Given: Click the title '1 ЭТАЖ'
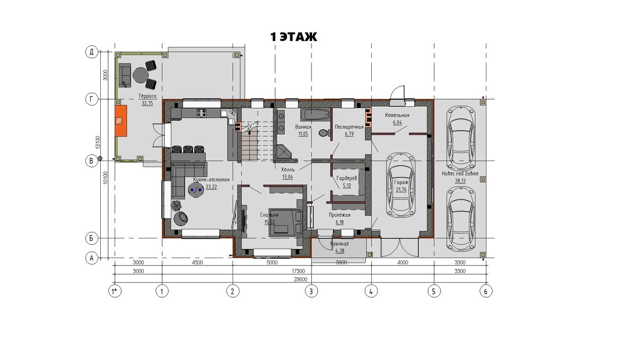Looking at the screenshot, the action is [x=294, y=37].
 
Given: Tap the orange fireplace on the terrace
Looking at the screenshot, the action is [x=121, y=121].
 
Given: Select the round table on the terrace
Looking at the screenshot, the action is [x=140, y=75].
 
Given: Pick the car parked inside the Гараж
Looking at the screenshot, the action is [x=401, y=185].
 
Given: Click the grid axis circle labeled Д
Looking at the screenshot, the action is [x=92, y=52].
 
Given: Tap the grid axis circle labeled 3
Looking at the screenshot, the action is [x=311, y=291].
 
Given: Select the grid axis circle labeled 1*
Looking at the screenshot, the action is [x=115, y=291].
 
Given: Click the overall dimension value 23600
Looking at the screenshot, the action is [x=300, y=279].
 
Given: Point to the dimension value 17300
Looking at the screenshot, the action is [x=298, y=271].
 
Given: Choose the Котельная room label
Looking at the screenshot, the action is [x=397, y=115].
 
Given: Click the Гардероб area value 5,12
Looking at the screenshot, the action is [x=347, y=186].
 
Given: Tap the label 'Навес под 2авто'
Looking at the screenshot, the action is [x=460, y=174].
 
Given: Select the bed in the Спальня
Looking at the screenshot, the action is [x=286, y=223].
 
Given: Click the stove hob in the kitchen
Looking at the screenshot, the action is [x=201, y=113].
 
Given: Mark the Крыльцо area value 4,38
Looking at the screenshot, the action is [x=340, y=251].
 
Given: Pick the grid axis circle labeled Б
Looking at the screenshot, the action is [x=92, y=238].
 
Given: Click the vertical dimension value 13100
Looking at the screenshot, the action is [x=98, y=142].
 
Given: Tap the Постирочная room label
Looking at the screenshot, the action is [x=349, y=127].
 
